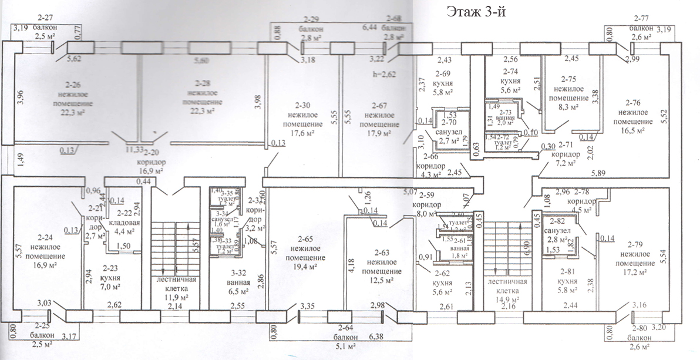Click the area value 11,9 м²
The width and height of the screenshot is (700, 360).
click(x=175, y=297)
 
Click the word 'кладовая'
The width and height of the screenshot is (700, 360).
click(x=127, y=223)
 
